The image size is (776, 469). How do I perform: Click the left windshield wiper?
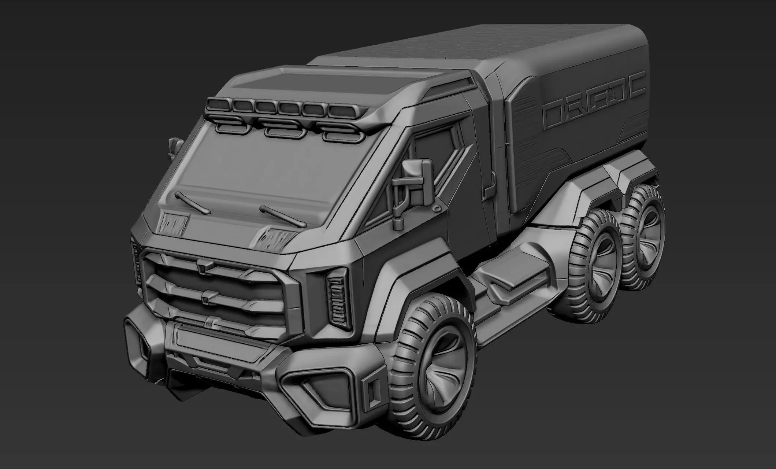click(x=192, y=203)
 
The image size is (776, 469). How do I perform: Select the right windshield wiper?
click(x=281, y=216)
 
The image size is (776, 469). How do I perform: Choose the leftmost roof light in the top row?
click(x=219, y=104)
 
